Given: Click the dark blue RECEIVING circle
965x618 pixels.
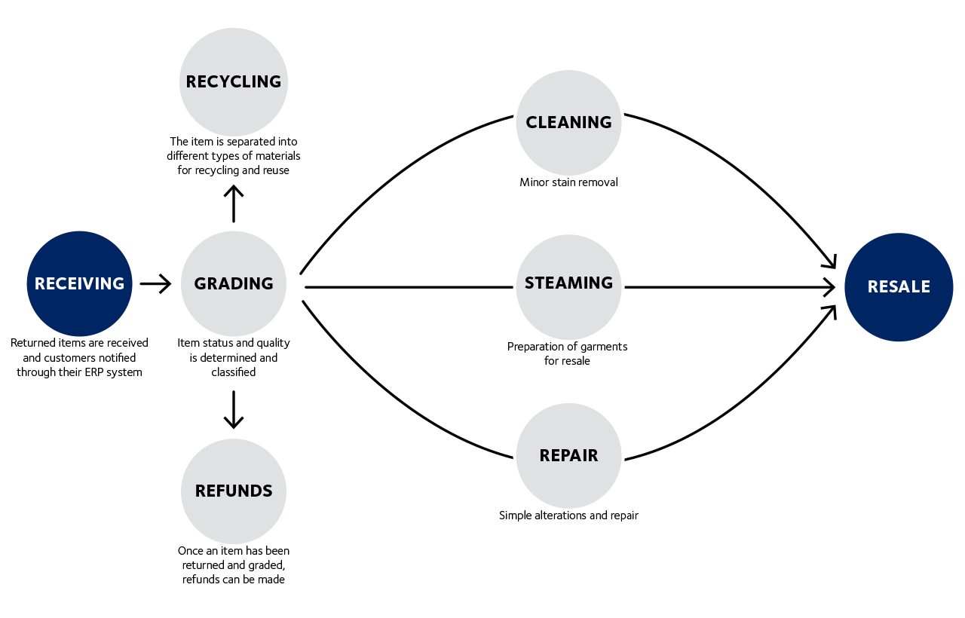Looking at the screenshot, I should [x=79, y=283].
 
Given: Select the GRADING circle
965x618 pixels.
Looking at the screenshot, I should [x=234, y=283].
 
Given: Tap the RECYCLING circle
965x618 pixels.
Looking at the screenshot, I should [x=234, y=81].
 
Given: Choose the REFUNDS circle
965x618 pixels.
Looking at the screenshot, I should [x=234, y=491].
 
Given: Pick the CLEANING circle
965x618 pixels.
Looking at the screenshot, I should [x=568, y=122].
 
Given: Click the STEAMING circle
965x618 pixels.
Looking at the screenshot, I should [x=568, y=283].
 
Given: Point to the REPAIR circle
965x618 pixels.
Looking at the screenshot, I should [x=568, y=455].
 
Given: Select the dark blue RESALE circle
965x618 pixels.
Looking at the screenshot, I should [x=899, y=286].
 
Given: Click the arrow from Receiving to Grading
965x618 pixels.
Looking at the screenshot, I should [x=155, y=284].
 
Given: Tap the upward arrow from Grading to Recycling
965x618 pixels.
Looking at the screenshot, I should [x=234, y=203].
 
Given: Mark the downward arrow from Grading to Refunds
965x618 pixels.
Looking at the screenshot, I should [x=234, y=409].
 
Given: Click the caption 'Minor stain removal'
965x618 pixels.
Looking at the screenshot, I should [x=568, y=182].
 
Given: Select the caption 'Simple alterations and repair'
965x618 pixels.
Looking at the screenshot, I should [x=568, y=516].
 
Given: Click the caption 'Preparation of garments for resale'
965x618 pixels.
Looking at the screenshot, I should [x=567, y=353].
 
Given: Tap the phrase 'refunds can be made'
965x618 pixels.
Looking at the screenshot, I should [x=234, y=580].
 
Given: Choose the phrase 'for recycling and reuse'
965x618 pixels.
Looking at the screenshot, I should [x=234, y=170].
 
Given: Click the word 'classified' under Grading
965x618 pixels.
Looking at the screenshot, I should [x=234, y=372].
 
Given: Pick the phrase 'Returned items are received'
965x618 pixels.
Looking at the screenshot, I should [x=79, y=343].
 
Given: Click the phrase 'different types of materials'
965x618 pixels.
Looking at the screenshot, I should [x=234, y=156].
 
